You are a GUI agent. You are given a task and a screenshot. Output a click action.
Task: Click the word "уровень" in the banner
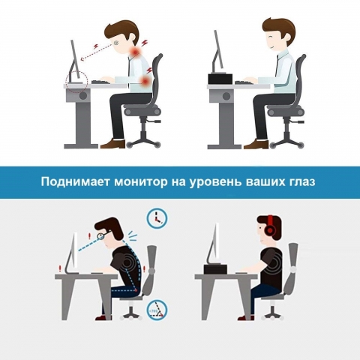click(215, 182)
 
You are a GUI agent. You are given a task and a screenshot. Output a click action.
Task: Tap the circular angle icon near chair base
click(157, 310)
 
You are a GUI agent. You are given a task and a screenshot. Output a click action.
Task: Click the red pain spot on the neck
click(135, 52)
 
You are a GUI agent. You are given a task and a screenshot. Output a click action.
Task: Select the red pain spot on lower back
click(145, 80)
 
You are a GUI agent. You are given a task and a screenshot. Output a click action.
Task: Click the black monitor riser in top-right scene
click(220, 79)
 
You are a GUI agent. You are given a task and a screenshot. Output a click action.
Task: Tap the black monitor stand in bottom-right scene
click(215, 268)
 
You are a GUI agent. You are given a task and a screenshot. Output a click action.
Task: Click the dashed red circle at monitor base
click(76, 83)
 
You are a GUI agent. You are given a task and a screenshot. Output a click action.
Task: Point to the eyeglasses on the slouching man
click(103, 235)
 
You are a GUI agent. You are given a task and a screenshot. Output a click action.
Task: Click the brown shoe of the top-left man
click(113, 144)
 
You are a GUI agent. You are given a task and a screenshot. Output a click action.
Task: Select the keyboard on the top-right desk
click(243, 82)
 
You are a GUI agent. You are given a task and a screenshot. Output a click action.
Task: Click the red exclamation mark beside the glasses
click(90, 235)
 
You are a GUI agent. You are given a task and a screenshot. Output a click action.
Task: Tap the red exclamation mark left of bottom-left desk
click(59, 268)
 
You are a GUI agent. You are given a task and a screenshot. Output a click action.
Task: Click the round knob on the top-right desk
click(226, 96)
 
